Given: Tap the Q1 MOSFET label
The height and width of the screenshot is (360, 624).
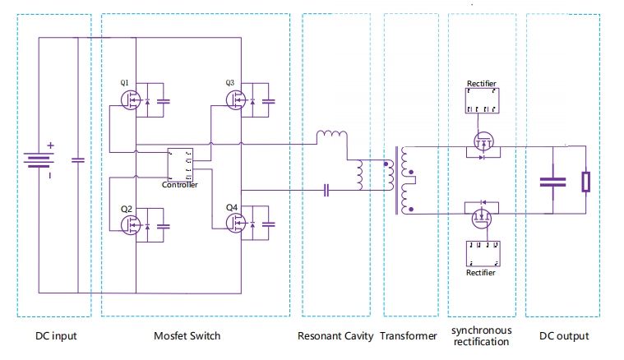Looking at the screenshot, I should [x=125, y=83].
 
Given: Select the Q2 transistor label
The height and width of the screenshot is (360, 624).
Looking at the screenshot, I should [x=126, y=209].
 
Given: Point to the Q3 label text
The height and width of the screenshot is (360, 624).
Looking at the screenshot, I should [x=230, y=83].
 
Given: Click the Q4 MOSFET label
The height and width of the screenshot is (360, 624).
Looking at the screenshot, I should [x=231, y=207].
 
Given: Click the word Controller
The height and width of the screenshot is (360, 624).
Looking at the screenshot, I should [x=179, y=185].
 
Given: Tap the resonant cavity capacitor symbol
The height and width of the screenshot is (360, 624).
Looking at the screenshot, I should [x=326, y=190].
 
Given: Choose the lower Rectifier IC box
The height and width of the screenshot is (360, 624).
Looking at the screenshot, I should [x=481, y=252].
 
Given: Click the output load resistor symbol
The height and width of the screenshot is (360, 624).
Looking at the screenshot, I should [x=585, y=182].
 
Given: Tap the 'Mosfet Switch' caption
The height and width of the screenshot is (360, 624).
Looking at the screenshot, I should [x=187, y=336].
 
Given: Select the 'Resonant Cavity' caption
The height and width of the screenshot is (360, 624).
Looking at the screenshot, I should [x=335, y=336].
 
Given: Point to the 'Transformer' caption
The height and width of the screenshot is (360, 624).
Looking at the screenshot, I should [x=411, y=336].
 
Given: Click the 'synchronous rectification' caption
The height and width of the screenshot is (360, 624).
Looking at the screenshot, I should [x=481, y=335].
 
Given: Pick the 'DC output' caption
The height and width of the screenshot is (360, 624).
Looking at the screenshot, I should [x=564, y=336].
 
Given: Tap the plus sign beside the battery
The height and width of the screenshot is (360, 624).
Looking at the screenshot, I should [x=50, y=146].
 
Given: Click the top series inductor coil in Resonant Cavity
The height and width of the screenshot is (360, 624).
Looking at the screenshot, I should [x=331, y=134].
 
